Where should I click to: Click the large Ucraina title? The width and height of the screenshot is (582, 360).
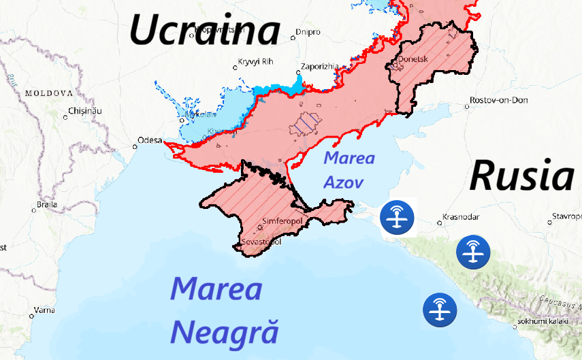(205, 30)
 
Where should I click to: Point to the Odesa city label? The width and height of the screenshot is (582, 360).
(150, 140)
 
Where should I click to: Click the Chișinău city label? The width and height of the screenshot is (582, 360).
(85, 110)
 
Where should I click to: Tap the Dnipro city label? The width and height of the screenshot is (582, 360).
(308, 32)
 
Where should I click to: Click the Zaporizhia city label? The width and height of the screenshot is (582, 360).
(319, 66)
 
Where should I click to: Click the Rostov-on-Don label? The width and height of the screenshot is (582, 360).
(499, 101)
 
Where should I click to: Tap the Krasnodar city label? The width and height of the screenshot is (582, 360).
(461, 217)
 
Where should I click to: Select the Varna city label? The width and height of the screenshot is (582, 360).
(44, 310)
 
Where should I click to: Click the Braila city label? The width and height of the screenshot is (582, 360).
(47, 204)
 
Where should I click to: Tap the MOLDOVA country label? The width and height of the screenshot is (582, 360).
(48, 93)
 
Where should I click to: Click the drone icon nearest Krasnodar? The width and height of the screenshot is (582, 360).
(473, 252)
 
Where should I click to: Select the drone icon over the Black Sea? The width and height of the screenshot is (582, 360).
(440, 310)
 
